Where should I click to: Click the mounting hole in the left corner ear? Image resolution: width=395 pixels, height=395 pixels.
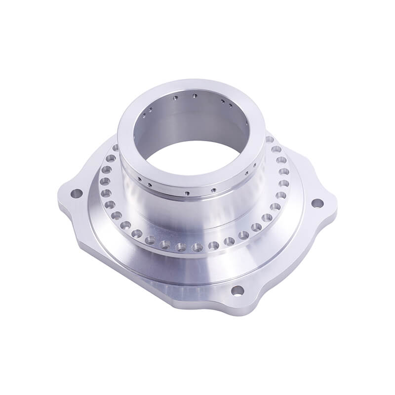pyautogui.click(x=76, y=193)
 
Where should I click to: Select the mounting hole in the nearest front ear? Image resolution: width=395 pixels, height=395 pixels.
pyautogui.click(x=237, y=290)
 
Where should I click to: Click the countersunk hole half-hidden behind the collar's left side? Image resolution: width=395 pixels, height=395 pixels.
pyautogui.click(x=115, y=148)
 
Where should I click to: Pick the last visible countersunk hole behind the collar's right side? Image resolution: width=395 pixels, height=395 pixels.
pyautogui.click(x=270, y=140)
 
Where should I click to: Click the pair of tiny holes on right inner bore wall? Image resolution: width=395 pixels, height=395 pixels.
pyautogui.click(x=226, y=104)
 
